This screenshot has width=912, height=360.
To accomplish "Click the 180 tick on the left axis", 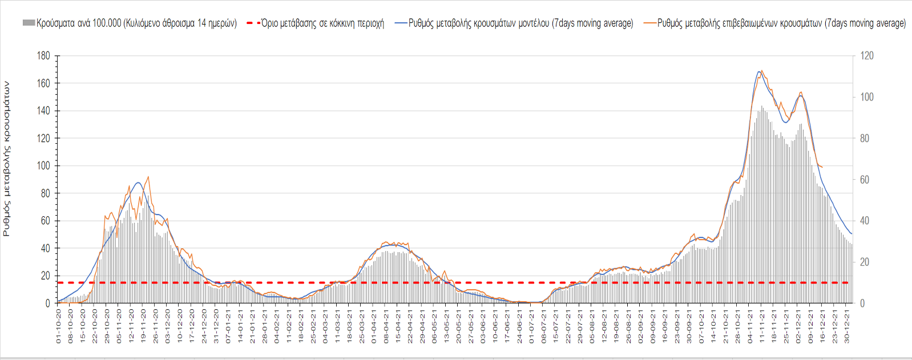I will coord(44,56).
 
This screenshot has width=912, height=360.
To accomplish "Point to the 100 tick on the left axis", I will coord(44,166).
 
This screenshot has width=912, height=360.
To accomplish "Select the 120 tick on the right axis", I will coord(867,56).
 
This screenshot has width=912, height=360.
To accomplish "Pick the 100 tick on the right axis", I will coord(867,97).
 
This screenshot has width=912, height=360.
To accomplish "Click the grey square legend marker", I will coord(29,23).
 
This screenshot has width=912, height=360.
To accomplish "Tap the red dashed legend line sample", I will coord(253,23).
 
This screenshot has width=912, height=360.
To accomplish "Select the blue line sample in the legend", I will coord(400,23).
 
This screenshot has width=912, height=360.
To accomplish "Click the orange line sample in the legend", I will coord(649,23).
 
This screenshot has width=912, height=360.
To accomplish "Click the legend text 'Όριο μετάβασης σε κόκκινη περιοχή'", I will coord(322,23).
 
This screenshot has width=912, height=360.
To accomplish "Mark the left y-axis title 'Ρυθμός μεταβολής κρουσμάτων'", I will coord(6,159).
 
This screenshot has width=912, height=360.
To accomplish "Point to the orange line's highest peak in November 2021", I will coord(762,71).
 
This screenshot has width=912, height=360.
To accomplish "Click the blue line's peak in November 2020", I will coord(138,183).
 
